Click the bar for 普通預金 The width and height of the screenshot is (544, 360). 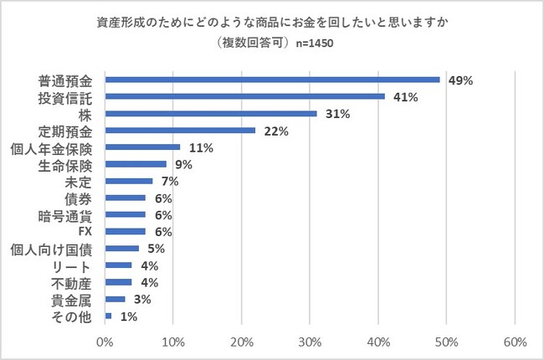point(272,80)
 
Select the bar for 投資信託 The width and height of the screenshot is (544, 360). point(244,96)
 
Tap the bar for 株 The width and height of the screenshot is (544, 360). point(211,113)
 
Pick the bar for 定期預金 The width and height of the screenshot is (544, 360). point(180,130)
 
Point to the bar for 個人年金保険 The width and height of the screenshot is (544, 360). point(142,147)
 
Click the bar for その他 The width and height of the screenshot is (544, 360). point(108,316)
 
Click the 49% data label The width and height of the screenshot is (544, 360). point(461,80)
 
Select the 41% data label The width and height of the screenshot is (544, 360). point(406,97)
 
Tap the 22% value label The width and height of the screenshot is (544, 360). point(276,131)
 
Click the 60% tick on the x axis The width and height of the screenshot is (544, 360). point(515,342)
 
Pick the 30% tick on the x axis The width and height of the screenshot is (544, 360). point(310,342)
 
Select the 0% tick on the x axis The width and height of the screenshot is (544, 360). point(105,342)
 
